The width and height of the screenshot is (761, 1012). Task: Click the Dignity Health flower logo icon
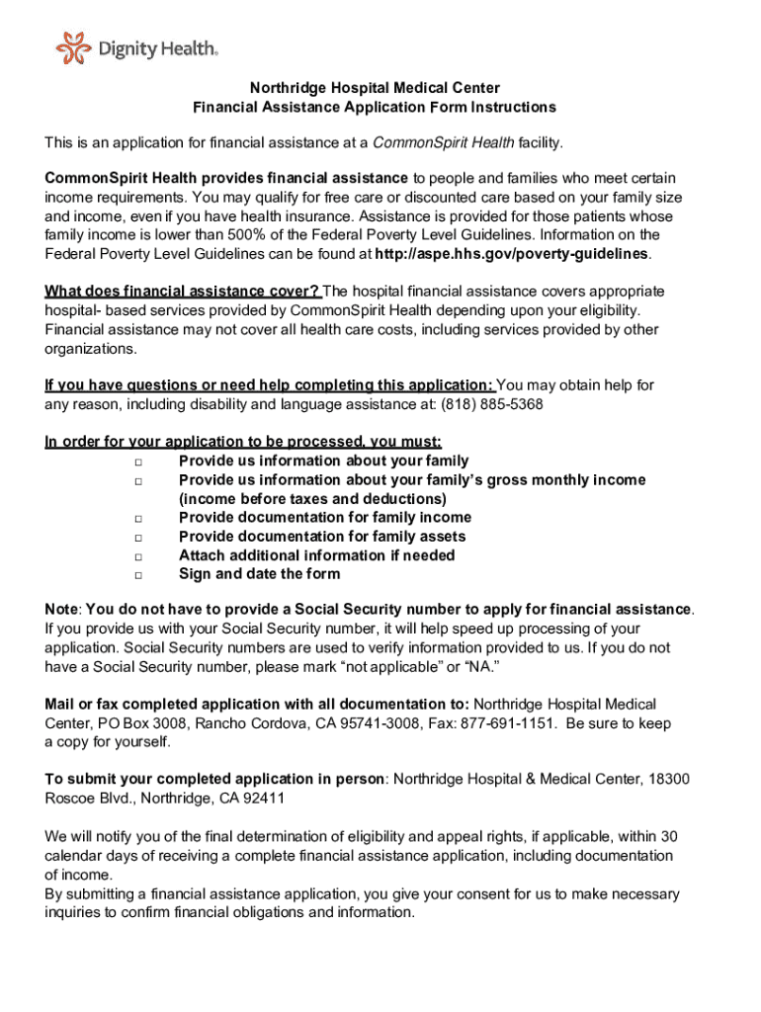[x=72, y=46]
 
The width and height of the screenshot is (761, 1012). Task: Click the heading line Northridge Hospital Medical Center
[x=375, y=88]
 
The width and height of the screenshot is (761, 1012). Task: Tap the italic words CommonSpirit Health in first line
[x=442, y=143]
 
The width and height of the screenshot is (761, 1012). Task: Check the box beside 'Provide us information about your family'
[x=138, y=462]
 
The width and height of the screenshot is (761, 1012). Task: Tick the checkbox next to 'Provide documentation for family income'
[x=138, y=518]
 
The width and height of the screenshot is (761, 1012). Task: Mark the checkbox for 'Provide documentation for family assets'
[x=138, y=537]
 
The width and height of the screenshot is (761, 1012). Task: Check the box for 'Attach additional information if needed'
[x=138, y=555]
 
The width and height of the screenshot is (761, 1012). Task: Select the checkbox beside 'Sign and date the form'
[x=138, y=574]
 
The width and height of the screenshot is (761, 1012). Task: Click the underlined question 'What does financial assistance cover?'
[x=182, y=292]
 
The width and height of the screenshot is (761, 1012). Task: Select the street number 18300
[x=669, y=780]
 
